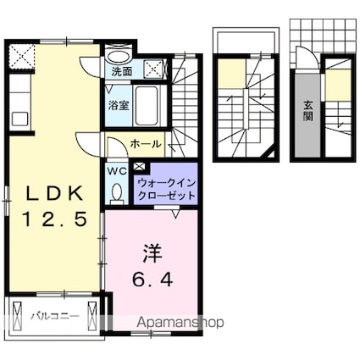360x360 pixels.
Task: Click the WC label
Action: coord(117,169)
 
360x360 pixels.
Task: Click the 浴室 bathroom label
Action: coord(118,106)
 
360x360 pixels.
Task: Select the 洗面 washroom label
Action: coord(122,72)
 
